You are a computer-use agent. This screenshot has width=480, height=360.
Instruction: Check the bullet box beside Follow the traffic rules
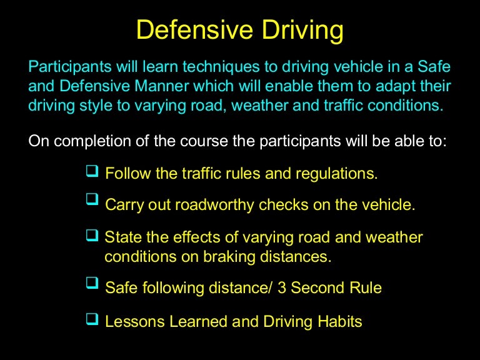coord(91,171)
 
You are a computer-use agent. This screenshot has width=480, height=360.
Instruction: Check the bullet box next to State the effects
coord(91,235)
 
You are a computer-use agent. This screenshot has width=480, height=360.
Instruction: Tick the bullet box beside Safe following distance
coord(91,284)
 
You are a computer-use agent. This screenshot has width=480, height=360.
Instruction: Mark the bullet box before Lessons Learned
coord(91,319)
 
